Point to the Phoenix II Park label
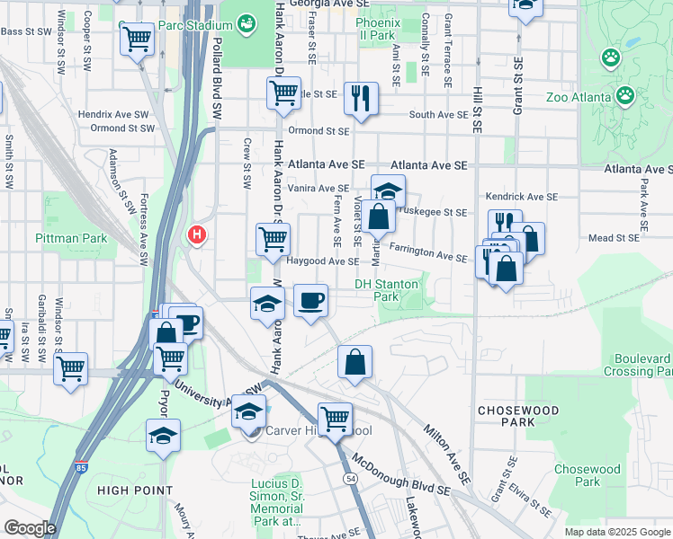tap(376, 28)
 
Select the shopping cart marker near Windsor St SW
tap(70, 367)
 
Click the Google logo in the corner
tap(29, 528)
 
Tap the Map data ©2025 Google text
tap(616, 532)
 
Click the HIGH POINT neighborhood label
tap(135, 490)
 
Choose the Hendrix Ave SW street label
tap(112, 115)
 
